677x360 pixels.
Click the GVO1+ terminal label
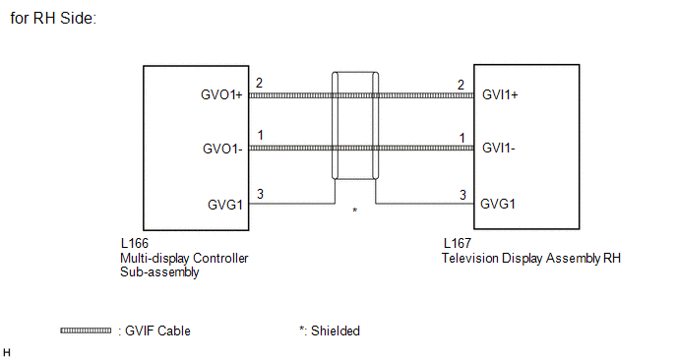point(221,95)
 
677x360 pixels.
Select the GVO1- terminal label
point(222,149)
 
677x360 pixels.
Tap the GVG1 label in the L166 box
point(225,205)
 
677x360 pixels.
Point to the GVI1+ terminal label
point(500,95)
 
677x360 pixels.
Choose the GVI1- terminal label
point(499,149)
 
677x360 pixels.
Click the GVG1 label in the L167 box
point(498,204)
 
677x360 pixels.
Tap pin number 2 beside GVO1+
point(259,83)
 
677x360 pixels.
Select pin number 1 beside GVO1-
point(261,136)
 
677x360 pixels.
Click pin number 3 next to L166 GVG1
point(260,194)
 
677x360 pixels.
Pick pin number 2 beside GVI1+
point(462,85)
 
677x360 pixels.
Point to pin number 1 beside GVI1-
point(462,138)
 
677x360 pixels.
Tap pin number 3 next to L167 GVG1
point(462,195)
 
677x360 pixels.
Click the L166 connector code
point(135,244)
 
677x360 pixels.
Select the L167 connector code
point(458,244)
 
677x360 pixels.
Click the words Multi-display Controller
point(184,259)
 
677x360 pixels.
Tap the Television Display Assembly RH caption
point(531,258)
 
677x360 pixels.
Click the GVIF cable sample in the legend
point(86,330)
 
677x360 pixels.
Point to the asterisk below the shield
point(355,210)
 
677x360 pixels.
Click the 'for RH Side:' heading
point(53,18)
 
